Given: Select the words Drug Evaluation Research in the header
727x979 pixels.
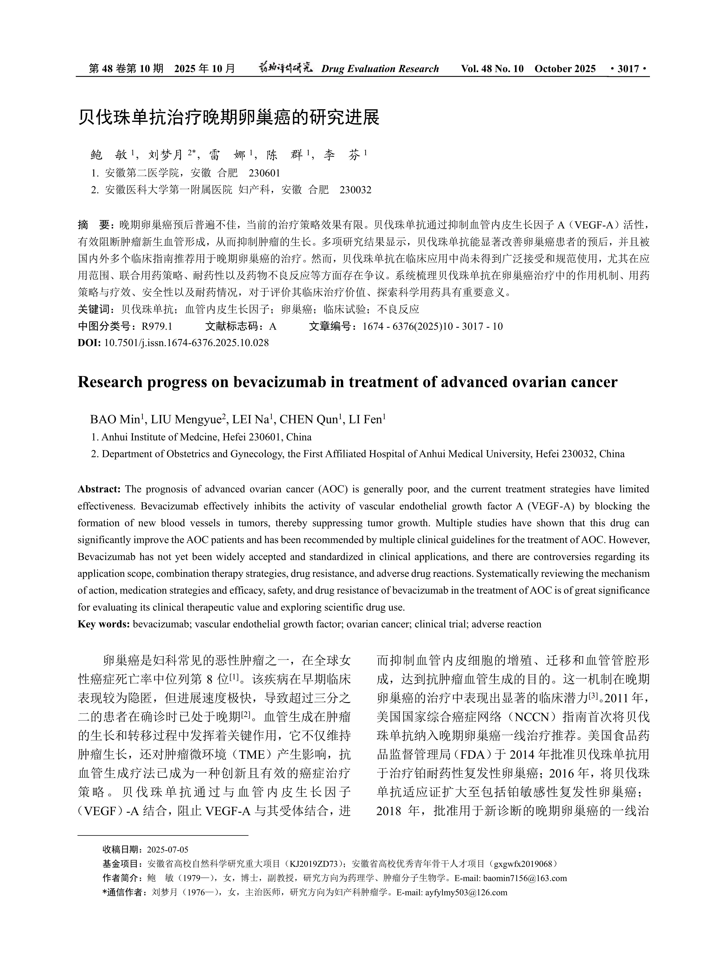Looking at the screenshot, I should pos(380,69).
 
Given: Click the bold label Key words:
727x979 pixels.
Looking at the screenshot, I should pos(103,624).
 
